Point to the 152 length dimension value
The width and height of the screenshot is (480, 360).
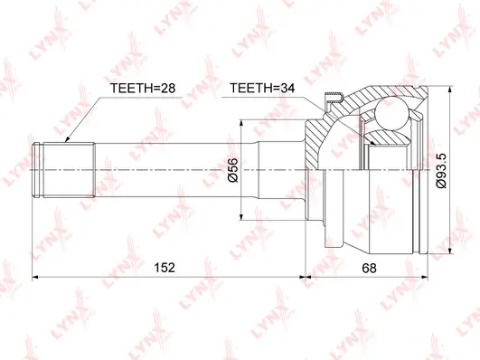tap(164, 268)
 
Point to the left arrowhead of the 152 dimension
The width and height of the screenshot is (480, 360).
tap(37, 277)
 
